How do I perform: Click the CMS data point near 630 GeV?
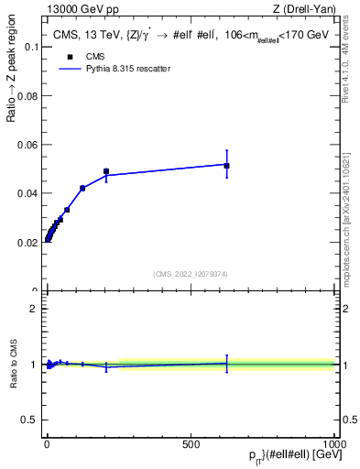(226, 166)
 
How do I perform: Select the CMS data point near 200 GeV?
(106, 171)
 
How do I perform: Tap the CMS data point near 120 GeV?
(82, 188)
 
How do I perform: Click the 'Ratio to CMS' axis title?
(14, 363)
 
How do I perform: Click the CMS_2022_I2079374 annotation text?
(190, 273)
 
